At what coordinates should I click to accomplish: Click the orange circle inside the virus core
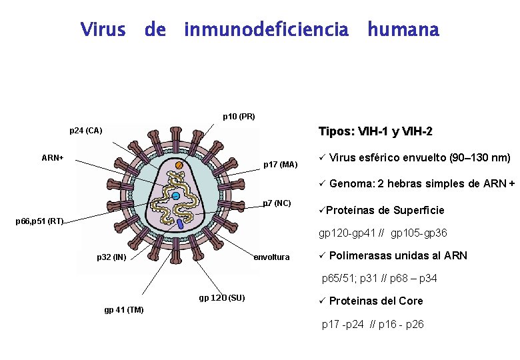coord(179,165)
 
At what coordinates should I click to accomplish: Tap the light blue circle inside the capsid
coord(176,196)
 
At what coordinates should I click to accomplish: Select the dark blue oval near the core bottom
coord(181,225)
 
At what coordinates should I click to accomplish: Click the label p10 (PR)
coord(239,117)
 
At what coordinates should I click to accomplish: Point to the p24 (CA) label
coord(86,131)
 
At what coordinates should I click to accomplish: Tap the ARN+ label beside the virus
coord(53,158)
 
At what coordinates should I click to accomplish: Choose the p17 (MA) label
coord(281,164)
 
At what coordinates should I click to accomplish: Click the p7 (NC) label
coord(277,202)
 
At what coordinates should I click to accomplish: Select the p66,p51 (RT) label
coord(39,221)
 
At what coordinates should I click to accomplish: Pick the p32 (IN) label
coord(111,257)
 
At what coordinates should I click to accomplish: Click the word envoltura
coord(272,257)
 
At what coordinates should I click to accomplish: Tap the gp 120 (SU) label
coord(222,297)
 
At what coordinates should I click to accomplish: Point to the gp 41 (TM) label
coord(124,309)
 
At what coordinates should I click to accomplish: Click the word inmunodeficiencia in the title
coord(266,30)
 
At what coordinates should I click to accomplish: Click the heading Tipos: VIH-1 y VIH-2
coord(375,131)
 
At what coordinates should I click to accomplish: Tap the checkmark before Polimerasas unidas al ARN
coord(321,255)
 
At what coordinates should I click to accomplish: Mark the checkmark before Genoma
coord(321,183)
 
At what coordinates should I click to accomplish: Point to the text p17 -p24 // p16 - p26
coord(373,325)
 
